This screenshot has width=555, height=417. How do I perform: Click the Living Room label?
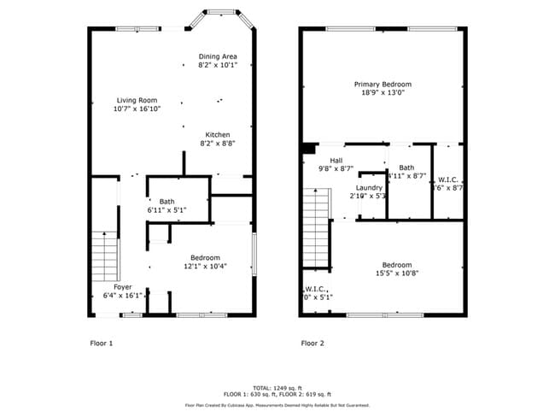pyautogui.click(x=137, y=100)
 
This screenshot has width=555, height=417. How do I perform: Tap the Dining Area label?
pyautogui.click(x=218, y=56)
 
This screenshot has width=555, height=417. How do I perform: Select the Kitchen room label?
pyautogui.click(x=217, y=135)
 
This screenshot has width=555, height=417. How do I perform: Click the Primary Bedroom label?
pyautogui.click(x=383, y=84)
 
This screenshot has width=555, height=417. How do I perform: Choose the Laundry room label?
pyautogui.click(x=369, y=187)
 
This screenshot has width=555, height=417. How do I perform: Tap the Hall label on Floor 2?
pyautogui.click(x=336, y=161)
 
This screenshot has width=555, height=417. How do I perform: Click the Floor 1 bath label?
pyautogui.click(x=166, y=202)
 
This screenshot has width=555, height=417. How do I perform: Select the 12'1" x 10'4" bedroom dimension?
pyautogui.click(x=205, y=267)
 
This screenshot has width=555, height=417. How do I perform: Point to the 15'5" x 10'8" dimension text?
pyautogui.click(x=397, y=273)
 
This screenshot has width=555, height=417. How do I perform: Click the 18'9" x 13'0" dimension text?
pyautogui.click(x=383, y=93)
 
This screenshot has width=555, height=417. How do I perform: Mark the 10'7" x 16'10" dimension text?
pyautogui.click(x=137, y=109)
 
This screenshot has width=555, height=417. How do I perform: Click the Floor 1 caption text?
pyautogui.click(x=102, y=344)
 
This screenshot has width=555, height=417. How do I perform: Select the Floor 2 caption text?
pyautogui.click(x=313, y=344)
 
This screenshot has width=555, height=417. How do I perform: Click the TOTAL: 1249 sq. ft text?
pyautogui.click(x=277, y=387)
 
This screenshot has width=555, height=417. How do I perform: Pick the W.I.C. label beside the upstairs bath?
pyautogui.click(x=448, y=179)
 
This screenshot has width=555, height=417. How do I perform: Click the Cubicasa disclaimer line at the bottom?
pyautogui.click(x=277, y=405)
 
